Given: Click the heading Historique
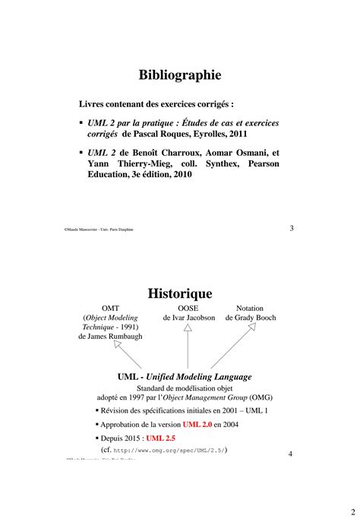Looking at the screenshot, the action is [180, 293].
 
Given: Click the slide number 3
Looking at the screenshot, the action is [292, 228].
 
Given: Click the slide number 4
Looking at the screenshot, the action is [292, 454].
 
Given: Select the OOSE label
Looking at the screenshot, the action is [188, 308].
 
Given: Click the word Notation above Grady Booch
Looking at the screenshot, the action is [250, 308].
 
